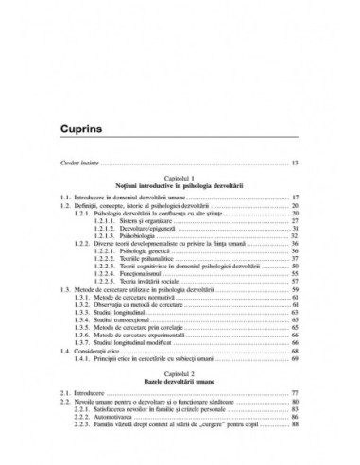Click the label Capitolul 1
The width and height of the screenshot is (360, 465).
tap(179, 177)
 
